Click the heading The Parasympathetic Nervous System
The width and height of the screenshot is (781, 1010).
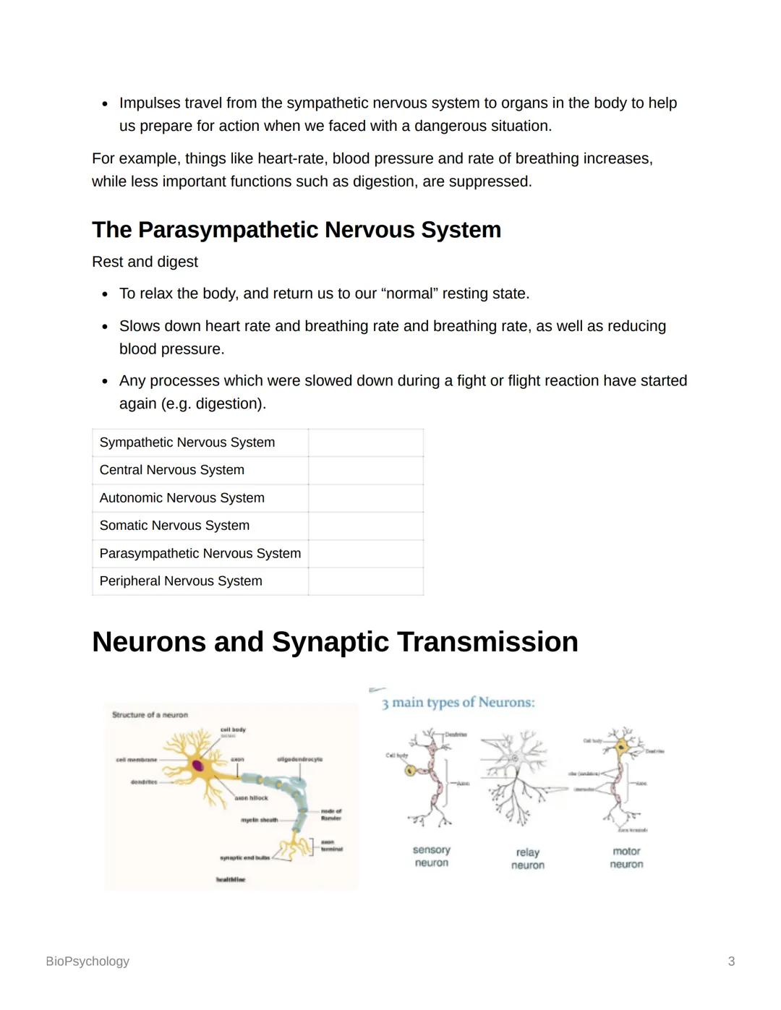tap(296, 230)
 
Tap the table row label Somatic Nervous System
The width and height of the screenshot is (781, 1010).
tap(174, 526)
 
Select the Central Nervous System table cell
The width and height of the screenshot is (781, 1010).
tap(172, 470)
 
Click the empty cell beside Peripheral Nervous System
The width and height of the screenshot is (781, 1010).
tap(366, 581)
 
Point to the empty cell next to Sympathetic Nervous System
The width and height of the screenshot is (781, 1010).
tap(366, 442)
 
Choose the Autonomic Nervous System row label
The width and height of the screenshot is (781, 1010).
tap(182, 498)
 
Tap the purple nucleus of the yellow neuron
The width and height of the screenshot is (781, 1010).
tap(197, 765)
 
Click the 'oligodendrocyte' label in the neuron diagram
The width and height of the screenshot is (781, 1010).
tap(299, 759)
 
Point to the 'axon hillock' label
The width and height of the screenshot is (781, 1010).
tap(251, 798)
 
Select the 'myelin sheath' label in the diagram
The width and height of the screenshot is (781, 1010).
tap(259, 820)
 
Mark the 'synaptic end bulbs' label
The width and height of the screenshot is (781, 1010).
tap(244, 857)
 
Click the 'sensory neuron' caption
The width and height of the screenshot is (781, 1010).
tap(432, 857)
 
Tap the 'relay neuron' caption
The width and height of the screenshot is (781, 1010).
tap(528, 859)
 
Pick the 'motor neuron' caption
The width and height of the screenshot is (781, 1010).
tap(626, 857)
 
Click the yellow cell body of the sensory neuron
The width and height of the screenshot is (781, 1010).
tap(411, 771)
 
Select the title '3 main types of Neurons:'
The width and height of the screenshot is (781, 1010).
tap(458, 703)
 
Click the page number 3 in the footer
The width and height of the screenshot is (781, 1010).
tap(731, 962)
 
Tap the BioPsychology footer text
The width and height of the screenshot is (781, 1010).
tap(88, 962)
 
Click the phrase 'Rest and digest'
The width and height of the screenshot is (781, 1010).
tap(145, 262)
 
